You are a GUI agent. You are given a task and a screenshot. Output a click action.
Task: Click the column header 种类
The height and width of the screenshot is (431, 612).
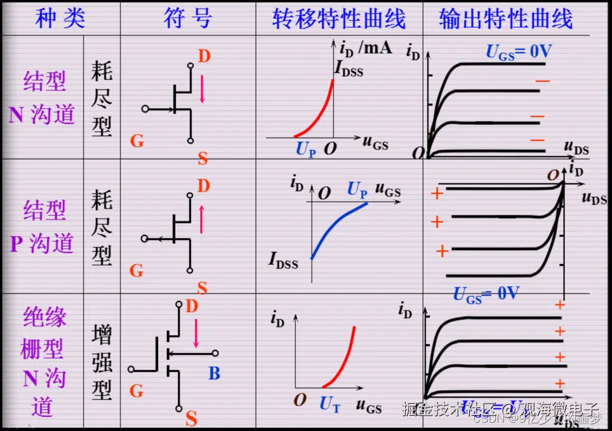60,19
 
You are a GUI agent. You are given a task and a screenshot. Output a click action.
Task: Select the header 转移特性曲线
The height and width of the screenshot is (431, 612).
339,19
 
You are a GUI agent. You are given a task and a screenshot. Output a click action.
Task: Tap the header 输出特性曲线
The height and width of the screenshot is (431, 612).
505,19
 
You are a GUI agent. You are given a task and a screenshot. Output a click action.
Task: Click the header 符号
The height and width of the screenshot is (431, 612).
187,19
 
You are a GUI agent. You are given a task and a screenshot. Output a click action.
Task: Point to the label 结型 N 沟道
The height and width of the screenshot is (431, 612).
43,98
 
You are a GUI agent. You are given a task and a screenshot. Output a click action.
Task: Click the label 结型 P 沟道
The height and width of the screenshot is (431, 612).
43,227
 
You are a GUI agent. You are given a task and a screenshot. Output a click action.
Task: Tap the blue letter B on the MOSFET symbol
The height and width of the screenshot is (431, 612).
215,374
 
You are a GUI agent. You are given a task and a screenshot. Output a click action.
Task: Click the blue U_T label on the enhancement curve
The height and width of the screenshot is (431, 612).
329,404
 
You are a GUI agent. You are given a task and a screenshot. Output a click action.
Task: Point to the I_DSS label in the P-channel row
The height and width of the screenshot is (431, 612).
283,260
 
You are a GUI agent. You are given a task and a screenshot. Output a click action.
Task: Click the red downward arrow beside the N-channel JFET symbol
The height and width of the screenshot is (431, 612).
203,88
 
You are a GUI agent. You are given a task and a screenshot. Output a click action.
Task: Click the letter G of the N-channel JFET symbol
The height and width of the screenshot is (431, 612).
136,140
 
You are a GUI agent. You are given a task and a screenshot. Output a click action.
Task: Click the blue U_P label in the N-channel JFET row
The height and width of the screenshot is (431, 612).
305,150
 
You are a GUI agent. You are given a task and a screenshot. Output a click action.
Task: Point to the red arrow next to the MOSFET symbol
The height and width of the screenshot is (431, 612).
196,333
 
